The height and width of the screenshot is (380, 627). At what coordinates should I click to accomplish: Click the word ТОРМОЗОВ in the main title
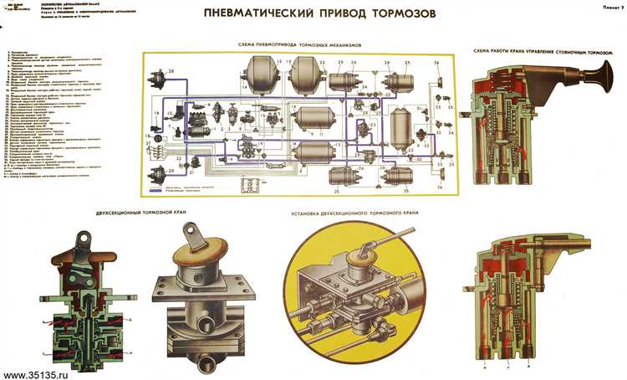pos(385,13)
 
